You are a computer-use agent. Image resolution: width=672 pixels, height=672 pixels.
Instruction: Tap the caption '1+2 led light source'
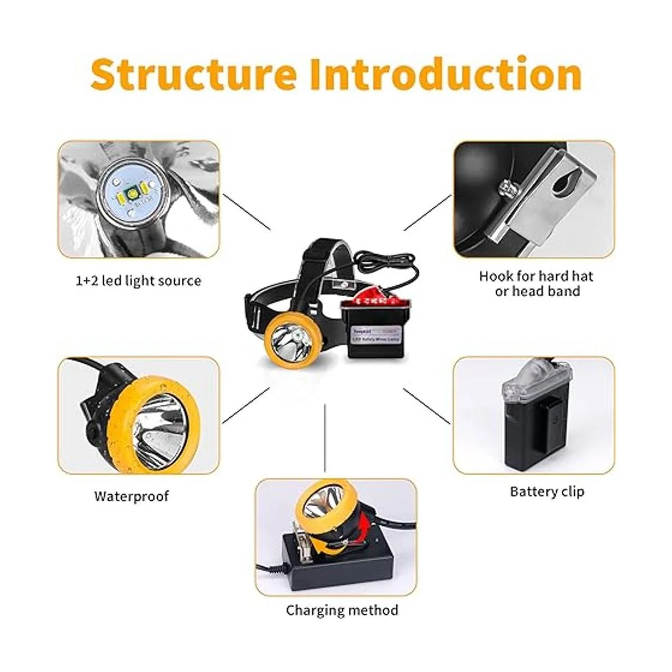[x=138, y=280]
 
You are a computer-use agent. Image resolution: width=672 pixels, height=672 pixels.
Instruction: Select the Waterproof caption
[x=131, y=496]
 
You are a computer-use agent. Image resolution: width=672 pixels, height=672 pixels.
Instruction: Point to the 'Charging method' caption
[x=342, y=610]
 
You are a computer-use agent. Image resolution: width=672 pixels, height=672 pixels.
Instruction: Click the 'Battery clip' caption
[x=547, y=492]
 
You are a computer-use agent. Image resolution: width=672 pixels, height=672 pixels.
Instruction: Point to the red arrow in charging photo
[x=365, y=526]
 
